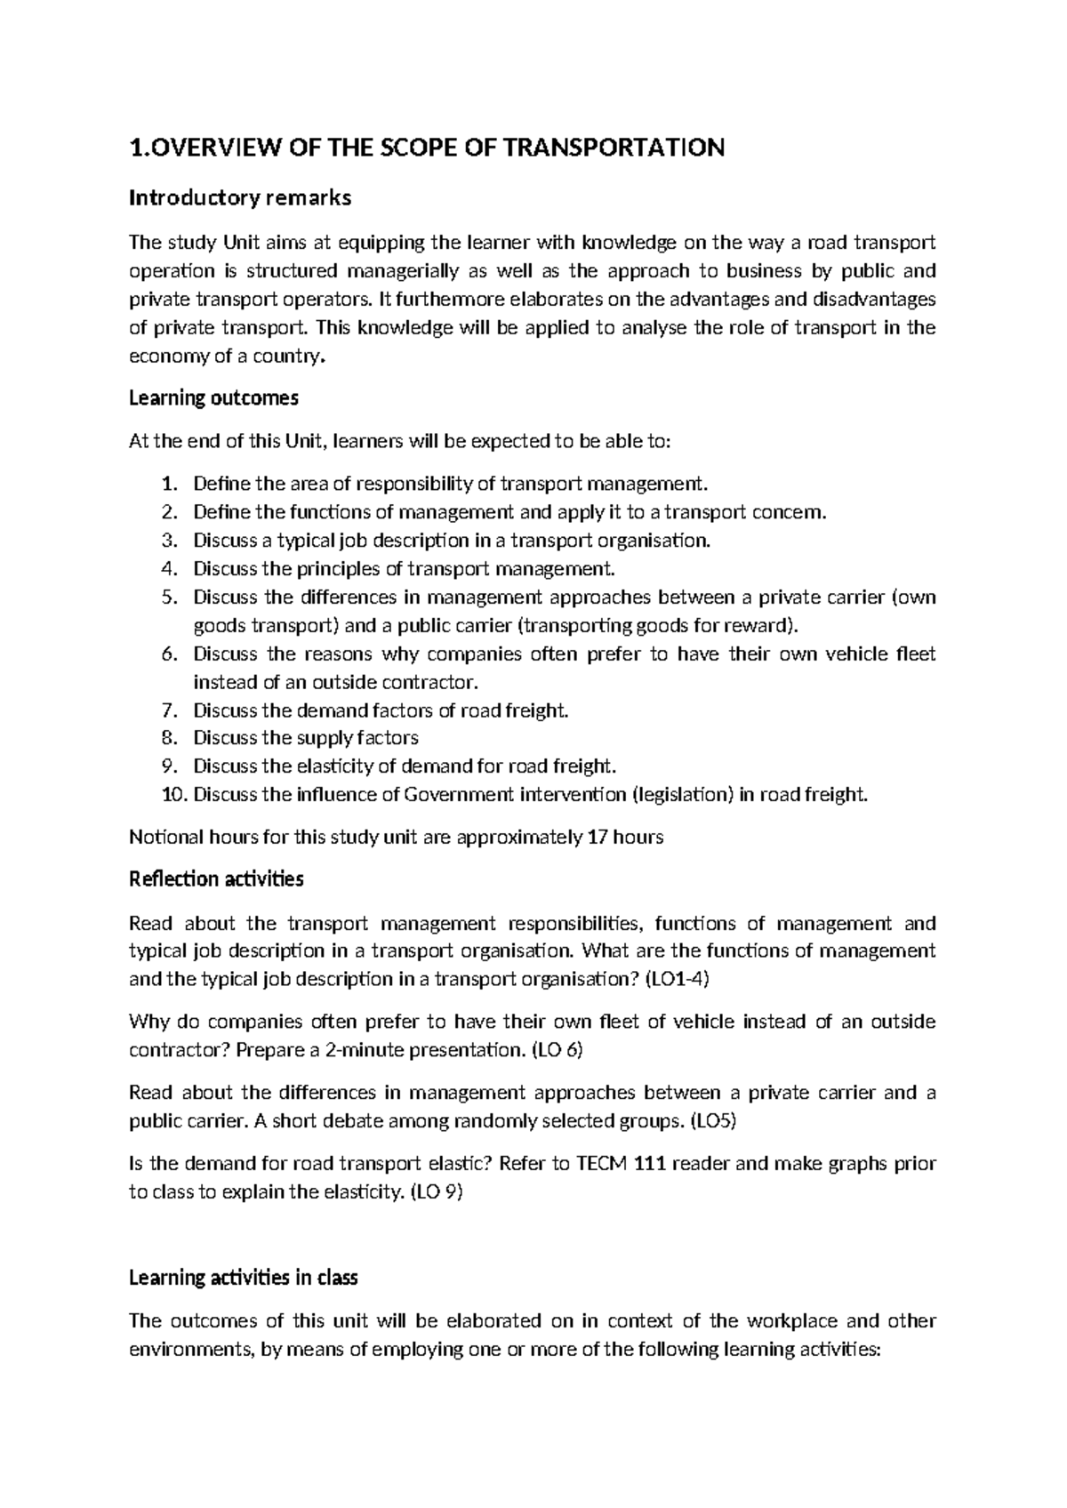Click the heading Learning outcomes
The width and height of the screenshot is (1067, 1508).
213,397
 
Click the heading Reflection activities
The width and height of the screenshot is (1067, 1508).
216,879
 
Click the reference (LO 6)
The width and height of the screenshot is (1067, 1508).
557,1050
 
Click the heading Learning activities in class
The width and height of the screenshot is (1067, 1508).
243,1278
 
